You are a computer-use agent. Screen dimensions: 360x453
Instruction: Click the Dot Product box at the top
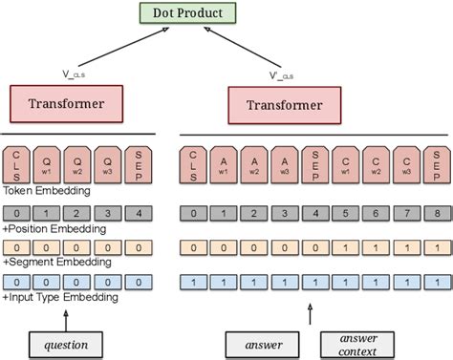186,13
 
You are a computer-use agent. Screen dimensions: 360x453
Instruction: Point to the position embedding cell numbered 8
435,213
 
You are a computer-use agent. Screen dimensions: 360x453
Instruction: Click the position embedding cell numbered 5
344,213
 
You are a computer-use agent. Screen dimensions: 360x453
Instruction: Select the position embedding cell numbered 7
404,213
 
